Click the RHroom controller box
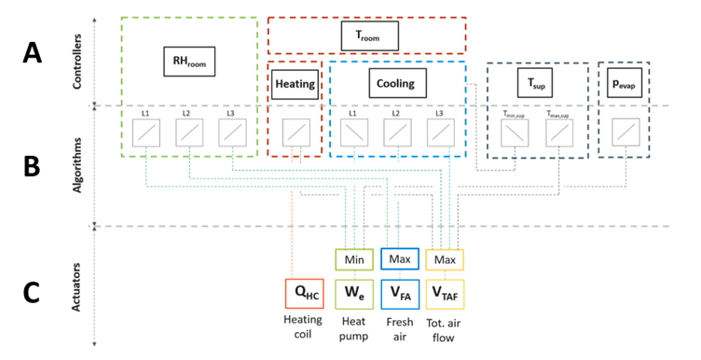click(189, 63)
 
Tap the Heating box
click(296, 84)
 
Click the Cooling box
click(396, 84)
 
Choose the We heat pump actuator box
click(354, 294)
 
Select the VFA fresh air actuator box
click(399, 294)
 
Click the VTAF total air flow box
click(445, 294)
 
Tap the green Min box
click(354, 258)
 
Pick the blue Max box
click(399, 258)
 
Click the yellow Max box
click(445, 258)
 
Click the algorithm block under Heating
click(296, 134)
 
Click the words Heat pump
click(354, 327)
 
